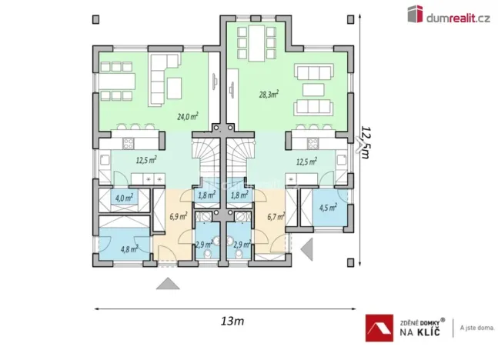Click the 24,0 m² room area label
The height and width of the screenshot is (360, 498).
[188, 116]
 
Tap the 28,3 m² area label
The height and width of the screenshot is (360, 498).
[268, 95]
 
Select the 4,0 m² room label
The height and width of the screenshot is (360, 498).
[123, 198]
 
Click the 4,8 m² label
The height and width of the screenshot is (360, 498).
[129, 248]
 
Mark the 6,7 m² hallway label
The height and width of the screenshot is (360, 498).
[275, 217]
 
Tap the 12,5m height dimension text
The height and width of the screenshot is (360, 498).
[366, 143]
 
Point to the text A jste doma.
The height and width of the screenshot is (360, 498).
[477, 328]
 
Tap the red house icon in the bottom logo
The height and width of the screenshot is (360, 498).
[377, 328]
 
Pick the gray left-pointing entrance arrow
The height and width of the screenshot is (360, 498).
[307, 248]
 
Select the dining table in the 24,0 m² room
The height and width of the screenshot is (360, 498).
[116, 79]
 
